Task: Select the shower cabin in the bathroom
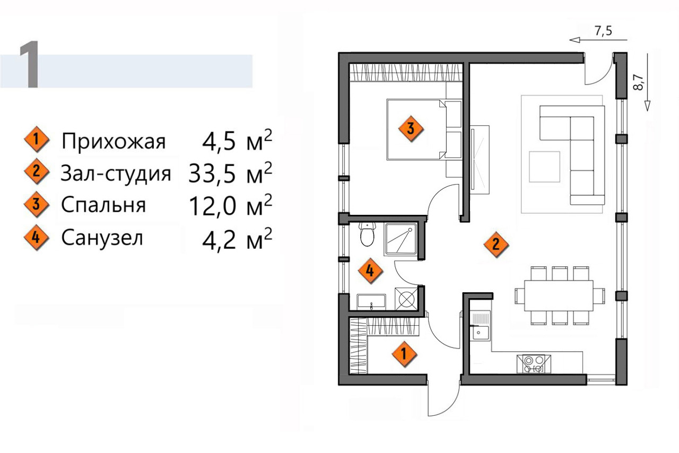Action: click(401, 238)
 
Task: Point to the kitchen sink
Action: click(481, 325)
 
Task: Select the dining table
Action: click(559, 295)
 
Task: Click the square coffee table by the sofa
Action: click(544, 167)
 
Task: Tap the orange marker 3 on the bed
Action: click(411, 128)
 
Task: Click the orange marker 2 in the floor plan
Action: click(496, 245)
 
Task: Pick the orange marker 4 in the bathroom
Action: click(370, 271)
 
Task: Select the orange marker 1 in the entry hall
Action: click(404, 354)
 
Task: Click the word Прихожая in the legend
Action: click(114, 142)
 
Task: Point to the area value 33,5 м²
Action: click(230, 173)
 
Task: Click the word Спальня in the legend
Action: click(103, 205)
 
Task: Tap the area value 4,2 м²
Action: click(237, 239)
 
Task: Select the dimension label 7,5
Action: click(603, 31)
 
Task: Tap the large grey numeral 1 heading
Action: click(29, 64)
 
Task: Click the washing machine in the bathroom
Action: click(406, 299)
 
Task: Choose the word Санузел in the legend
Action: click(102, 238)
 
